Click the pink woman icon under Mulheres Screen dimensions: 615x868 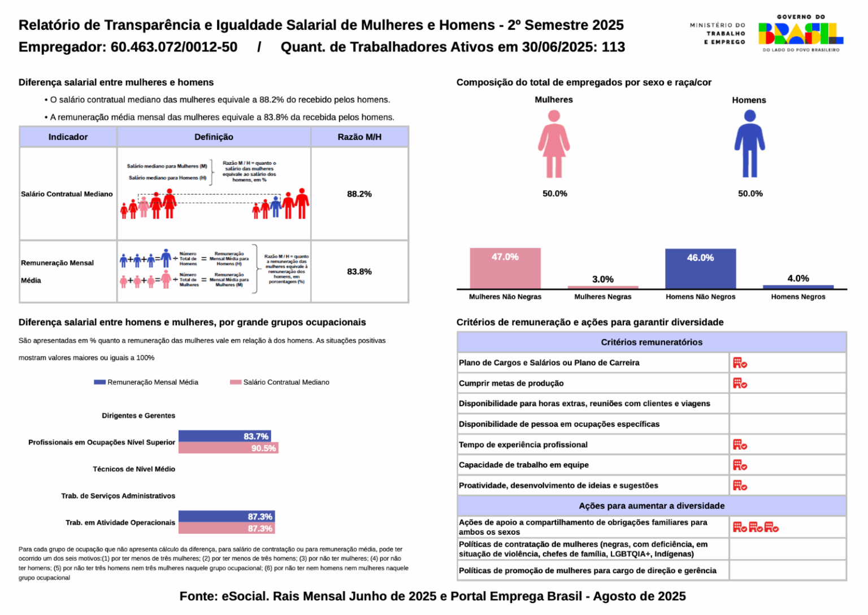554,144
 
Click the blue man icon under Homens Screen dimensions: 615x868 749,144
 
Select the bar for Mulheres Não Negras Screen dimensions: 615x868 505,269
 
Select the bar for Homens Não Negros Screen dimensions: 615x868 700,269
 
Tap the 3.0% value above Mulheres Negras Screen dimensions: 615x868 602,279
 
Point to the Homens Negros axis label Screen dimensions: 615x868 798,296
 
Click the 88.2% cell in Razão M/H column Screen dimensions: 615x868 359,194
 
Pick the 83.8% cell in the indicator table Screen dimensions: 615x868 359,272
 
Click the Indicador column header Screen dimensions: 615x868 68,137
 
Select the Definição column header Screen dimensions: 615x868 214,137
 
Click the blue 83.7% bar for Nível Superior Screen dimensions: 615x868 224,436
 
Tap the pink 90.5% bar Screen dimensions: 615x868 228,448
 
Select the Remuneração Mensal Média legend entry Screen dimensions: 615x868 146,382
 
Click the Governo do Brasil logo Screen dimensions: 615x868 800,34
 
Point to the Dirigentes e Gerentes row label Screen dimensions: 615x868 138,416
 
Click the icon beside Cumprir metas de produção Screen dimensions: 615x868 740,383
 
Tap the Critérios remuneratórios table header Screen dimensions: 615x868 652,342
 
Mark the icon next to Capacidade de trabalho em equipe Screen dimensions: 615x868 740,465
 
